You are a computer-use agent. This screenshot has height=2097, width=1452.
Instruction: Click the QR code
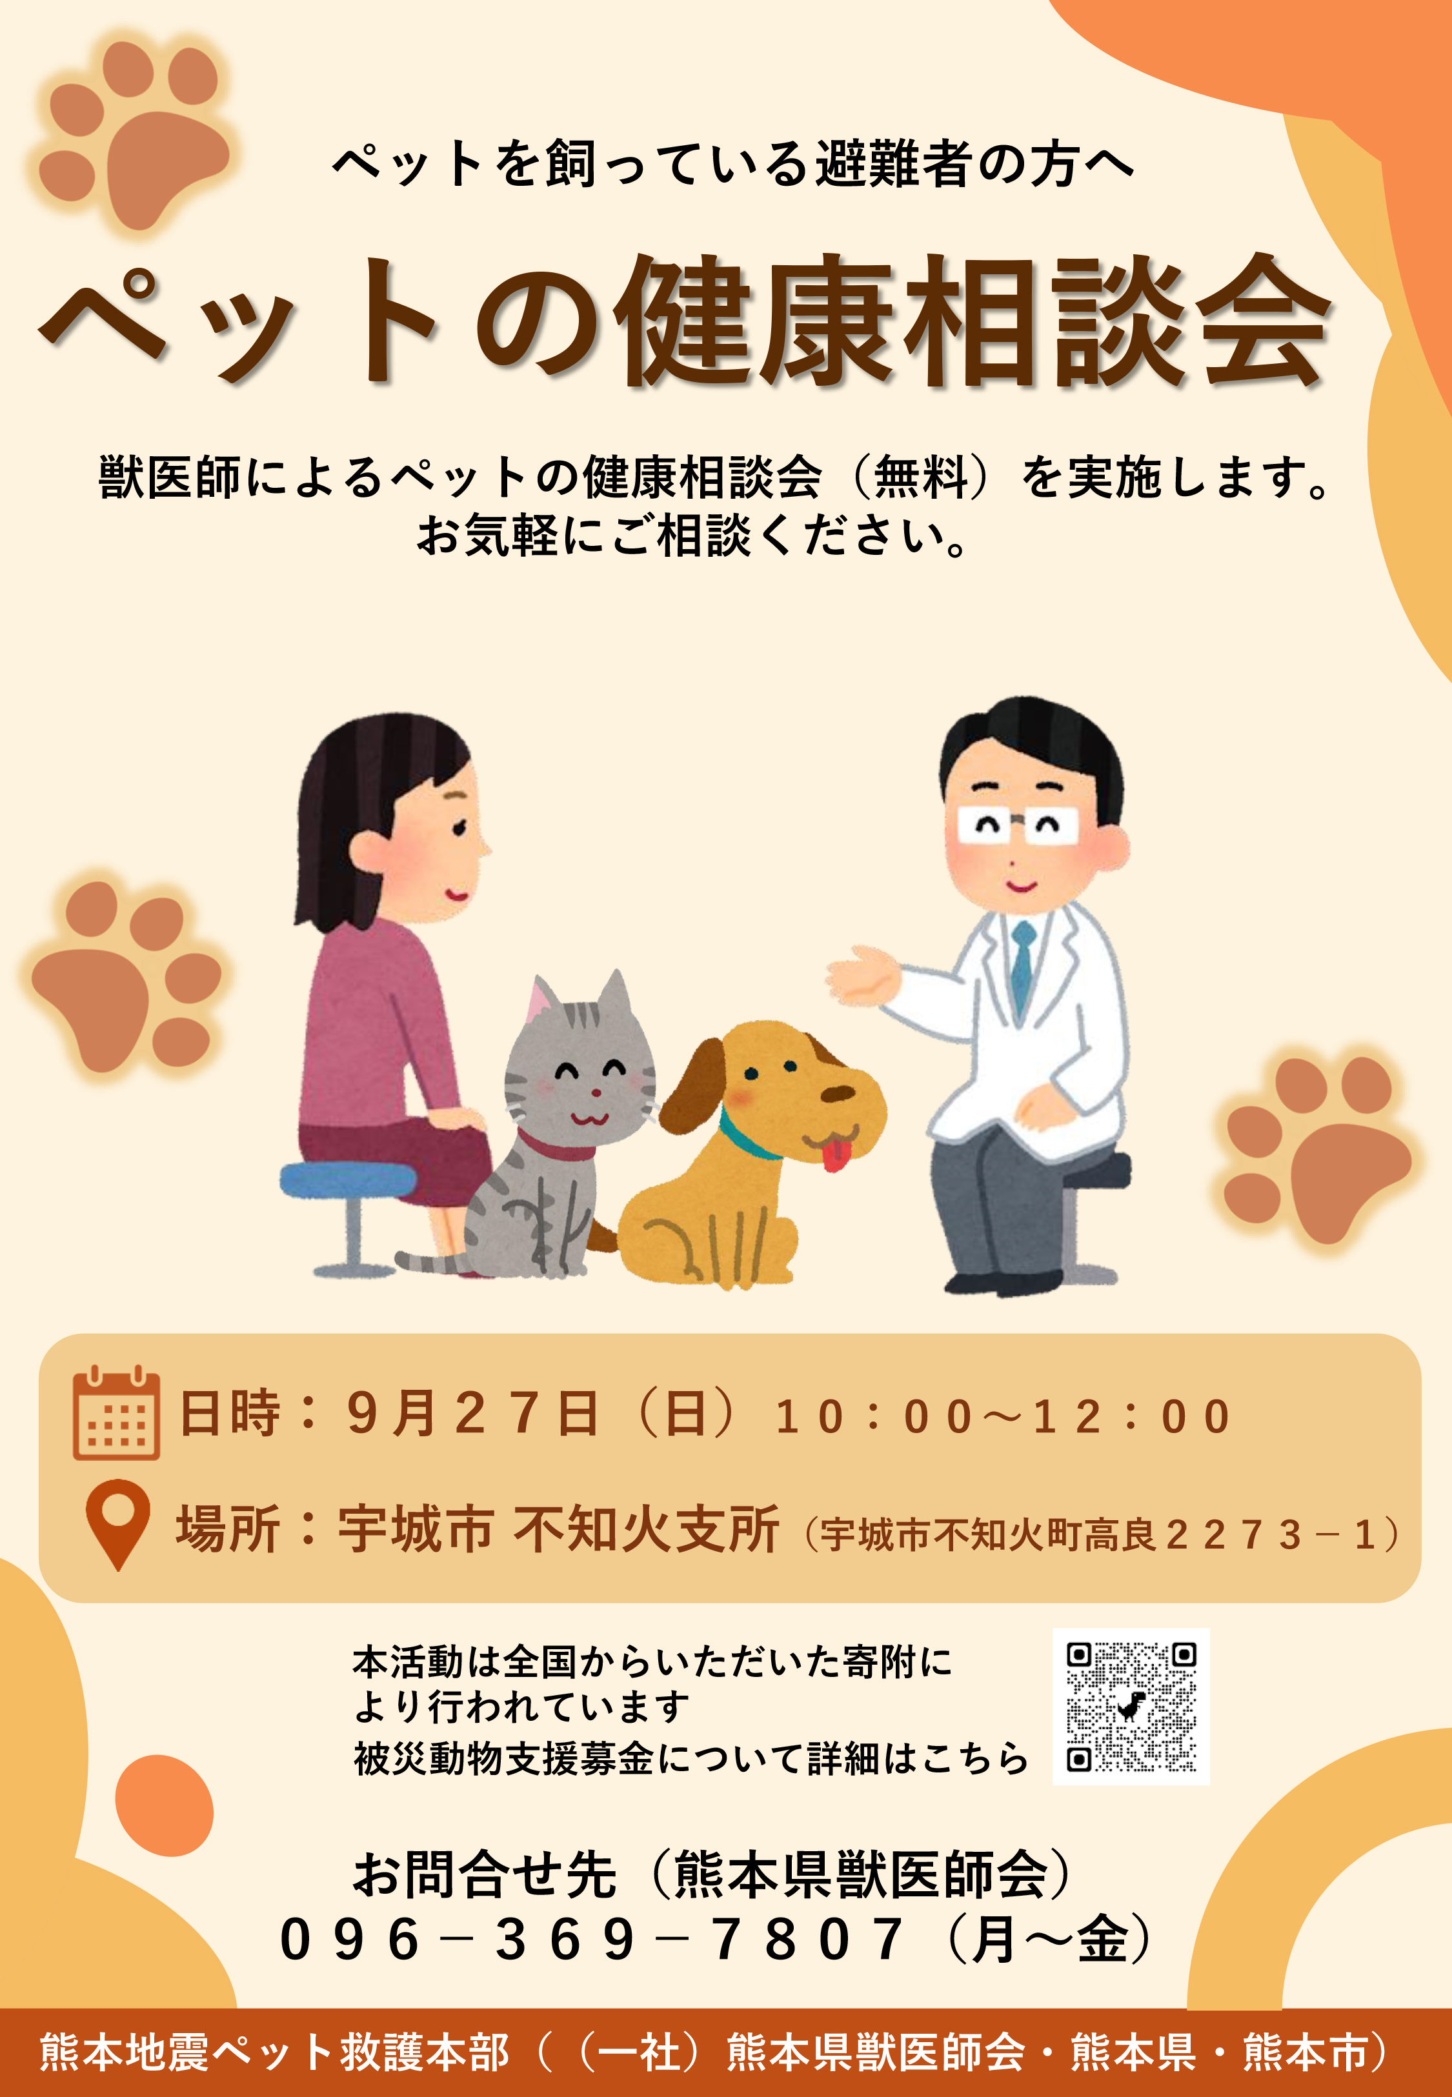pyautogui.click(x=1131, y=1706)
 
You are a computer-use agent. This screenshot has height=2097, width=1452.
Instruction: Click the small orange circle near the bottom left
pyautogui.click(x=165, y=1805)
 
